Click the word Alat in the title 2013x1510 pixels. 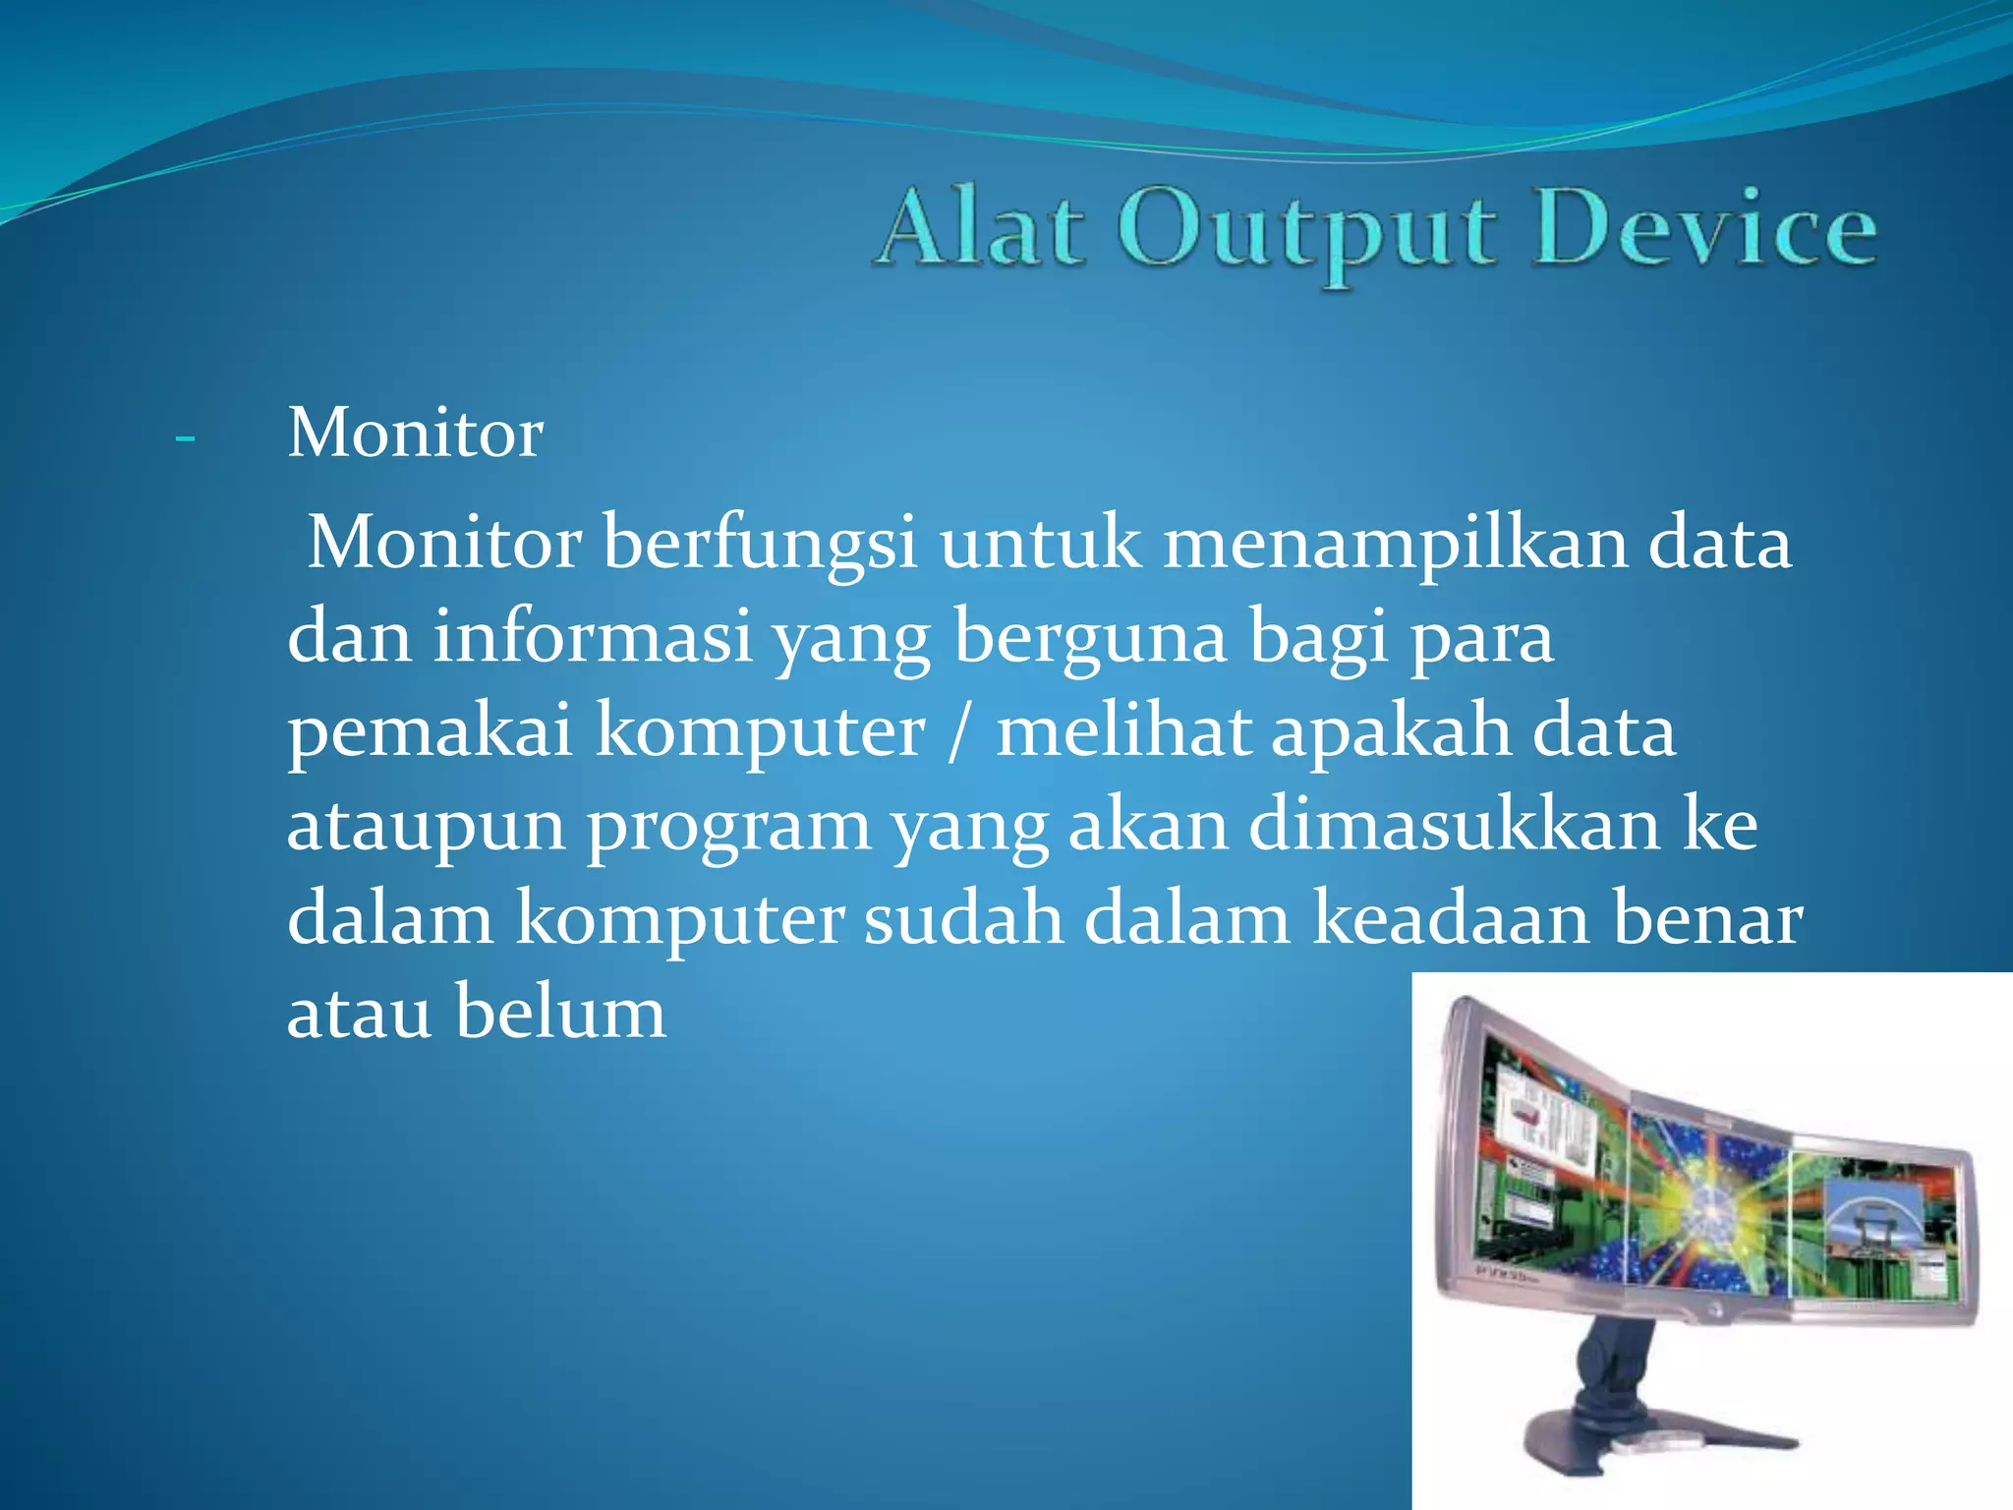981,229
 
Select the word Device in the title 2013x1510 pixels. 1704,229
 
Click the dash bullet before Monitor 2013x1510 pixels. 184,437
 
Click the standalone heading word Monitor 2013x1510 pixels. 415,434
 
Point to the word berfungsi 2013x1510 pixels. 760,544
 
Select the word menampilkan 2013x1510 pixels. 1395,544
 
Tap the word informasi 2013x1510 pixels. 593,637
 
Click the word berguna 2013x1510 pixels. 1091,637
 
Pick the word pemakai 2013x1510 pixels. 430,732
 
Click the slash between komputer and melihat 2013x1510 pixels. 959,732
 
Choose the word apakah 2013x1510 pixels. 1390,732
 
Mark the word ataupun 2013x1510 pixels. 426,826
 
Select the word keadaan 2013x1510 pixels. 1450,919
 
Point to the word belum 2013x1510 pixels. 560,1013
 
